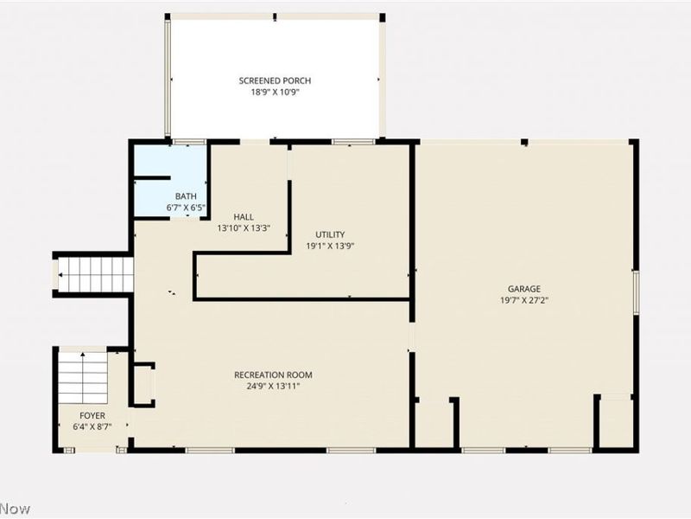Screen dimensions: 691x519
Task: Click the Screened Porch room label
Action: pos(275,80)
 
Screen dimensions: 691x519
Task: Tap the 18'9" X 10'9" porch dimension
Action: pos(275,93)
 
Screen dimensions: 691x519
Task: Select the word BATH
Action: pos(186,196)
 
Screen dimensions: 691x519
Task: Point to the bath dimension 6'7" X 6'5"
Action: pos(186,208)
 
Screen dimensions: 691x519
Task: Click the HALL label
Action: pos(244,217)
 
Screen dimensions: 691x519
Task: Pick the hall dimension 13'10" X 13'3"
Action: pos(244,228)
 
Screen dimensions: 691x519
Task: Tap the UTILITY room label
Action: pos(330,234)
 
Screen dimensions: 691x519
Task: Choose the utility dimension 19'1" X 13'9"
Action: pos(330,246)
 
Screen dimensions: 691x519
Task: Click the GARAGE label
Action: pos(524,289)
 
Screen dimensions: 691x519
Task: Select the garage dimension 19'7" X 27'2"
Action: pos(524,300)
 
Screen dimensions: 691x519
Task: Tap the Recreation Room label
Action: pos(273,375)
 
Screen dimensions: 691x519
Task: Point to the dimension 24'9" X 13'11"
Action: pos(273,386)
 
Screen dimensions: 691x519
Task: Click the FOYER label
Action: pos(92,416)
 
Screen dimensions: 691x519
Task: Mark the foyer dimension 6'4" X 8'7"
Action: pos(92,426)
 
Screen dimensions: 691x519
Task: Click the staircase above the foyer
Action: pos(83,378)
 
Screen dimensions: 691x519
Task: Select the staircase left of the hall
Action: pos(96,274)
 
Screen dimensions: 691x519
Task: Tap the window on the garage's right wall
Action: pos(636,292)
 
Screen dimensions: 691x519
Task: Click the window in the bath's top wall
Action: pos(188,142)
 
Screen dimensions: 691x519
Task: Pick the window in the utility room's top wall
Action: pos(352,142)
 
